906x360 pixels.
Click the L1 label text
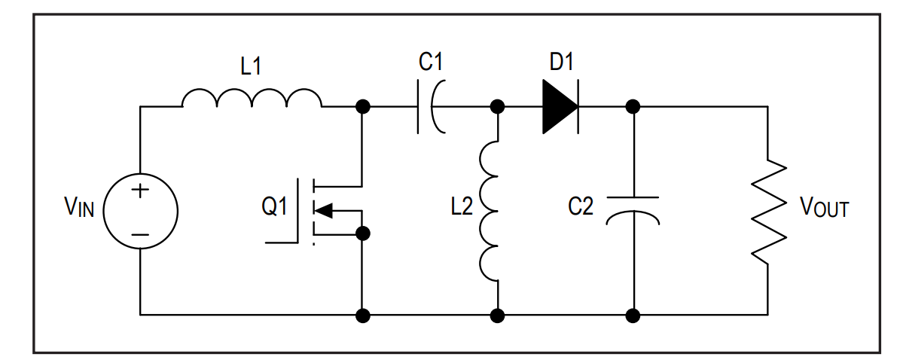tap(251, 66)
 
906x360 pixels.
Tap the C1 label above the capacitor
tap(430, 62)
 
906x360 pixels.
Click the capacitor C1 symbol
tap(432, 107)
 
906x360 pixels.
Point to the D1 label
tap(561, 62)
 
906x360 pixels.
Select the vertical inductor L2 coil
tap(489, 211)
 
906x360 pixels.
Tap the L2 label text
tap(462, 206)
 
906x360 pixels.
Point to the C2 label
tap(581, 206)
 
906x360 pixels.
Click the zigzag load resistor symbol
tap(769, 211)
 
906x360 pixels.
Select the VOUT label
tap(825, 207)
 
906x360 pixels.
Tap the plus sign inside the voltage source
tap(140, 191)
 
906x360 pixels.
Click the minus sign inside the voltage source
tap(140, 235)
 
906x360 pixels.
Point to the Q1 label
tap(274, 206)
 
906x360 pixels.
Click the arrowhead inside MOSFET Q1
tap(323, 211)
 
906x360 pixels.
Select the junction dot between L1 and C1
tap(363, 107)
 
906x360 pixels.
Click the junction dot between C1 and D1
tap(497, 107)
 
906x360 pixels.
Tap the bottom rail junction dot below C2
tap(633, 316)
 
